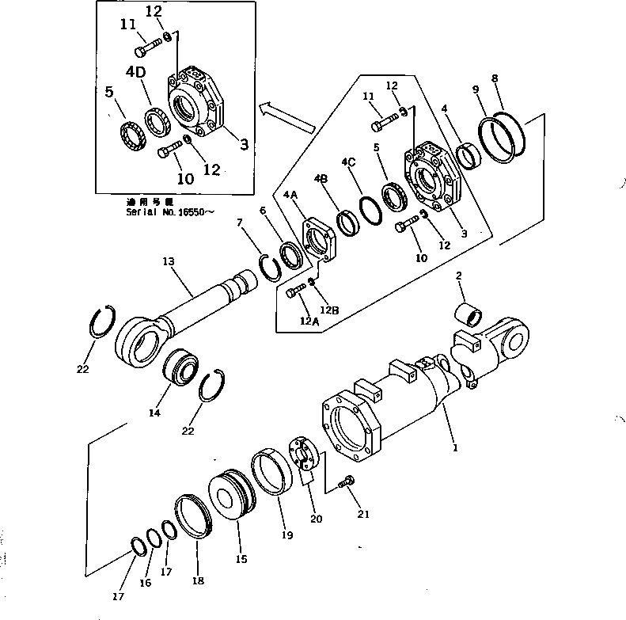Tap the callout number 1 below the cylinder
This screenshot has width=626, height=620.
tap(455, 447)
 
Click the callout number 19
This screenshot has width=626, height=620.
tap(289, 535)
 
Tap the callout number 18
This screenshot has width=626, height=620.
tap(198, 580)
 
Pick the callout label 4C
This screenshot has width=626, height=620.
tap(348, 162)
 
